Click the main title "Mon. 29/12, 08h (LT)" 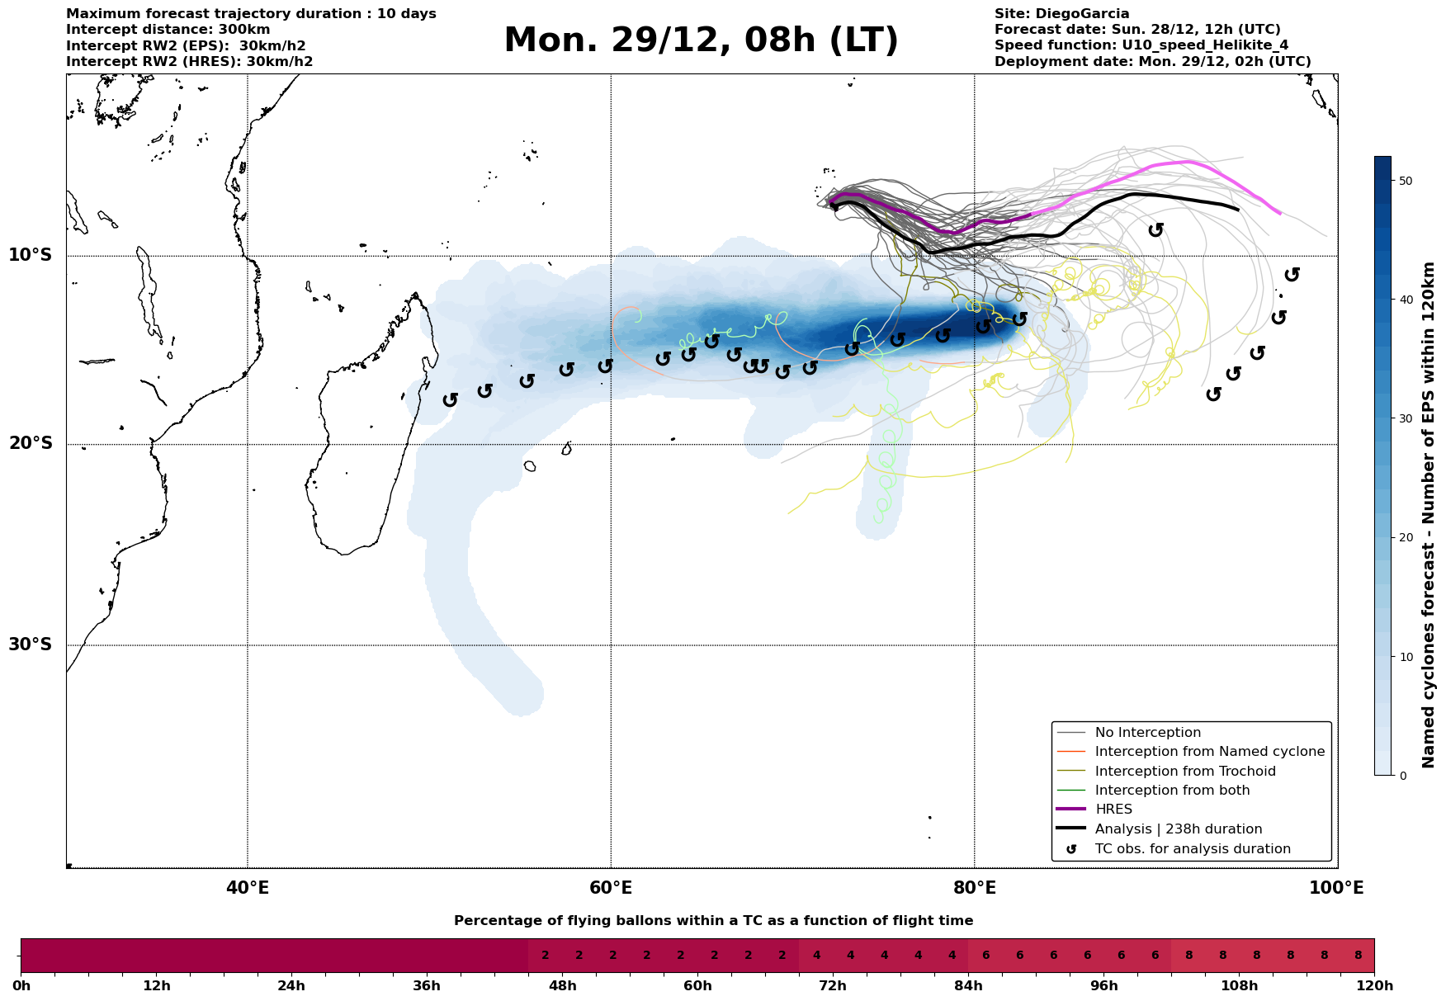coord(701,40)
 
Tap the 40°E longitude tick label coord(248,888)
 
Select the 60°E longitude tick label coord(611,888)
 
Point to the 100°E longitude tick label coord(1337,888)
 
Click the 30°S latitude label coord(31,645)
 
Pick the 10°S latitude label coord(31,255)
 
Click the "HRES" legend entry coord(1113,810)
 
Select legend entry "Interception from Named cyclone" coord(1209,752)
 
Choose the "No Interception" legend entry coord(1147,733)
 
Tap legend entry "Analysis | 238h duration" coord(1178,829)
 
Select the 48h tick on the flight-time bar coord(562,986)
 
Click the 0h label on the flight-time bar coord(21,986)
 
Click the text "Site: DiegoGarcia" coord(1061,14)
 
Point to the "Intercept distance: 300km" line coord(168,30)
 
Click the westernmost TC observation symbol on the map coord(450,400)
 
